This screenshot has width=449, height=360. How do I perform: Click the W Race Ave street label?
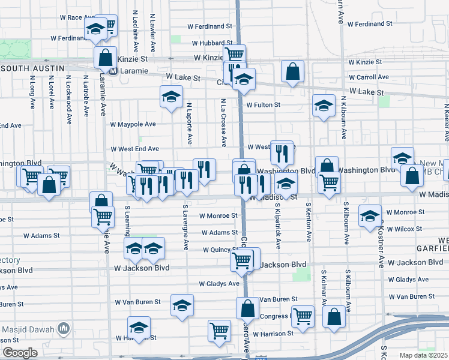click(78, 17)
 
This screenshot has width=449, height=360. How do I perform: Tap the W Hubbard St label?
click(212, 43)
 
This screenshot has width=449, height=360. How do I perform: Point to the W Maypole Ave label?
click(133, 124)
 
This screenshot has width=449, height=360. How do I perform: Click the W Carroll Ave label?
click(368, 77)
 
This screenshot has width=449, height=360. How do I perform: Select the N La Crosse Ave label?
click(223, 123)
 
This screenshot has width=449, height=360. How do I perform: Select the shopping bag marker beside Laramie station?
click(106, 59)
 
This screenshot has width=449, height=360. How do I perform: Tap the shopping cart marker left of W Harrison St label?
click(220, 331)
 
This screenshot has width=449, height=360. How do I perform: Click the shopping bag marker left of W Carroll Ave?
click(292, 71)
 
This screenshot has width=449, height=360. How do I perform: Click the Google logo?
click(20, 353)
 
